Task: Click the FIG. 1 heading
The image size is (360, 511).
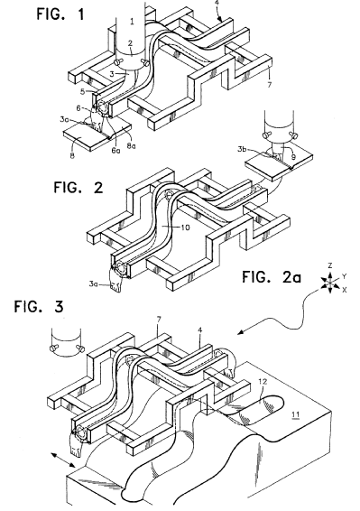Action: pos(60,14)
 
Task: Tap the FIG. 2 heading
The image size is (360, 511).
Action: pos(78,188)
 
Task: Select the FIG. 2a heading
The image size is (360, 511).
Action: pos(272,277)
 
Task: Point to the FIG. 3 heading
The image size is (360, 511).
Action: pos(39,307)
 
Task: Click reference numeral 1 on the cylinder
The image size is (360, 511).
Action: pos(132,22)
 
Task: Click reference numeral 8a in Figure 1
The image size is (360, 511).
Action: pos(132,146)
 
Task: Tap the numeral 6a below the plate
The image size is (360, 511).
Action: pos(115,151)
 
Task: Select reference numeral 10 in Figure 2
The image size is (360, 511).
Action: pos(185,228)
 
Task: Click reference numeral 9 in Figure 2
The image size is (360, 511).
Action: pos(293,157)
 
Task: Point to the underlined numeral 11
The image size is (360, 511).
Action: pos(295,414)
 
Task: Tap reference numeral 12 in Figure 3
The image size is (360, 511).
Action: pos(263,382)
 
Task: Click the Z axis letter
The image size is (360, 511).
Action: pos(330,266)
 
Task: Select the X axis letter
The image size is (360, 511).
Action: pos(344,290)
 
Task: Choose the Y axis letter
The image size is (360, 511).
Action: pos(345,276)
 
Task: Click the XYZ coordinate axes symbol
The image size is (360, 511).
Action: pos(330,283)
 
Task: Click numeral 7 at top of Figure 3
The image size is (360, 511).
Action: pos(159,320)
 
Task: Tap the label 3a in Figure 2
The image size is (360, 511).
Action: pos(94,283)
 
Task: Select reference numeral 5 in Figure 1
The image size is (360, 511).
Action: pos(82,91)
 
